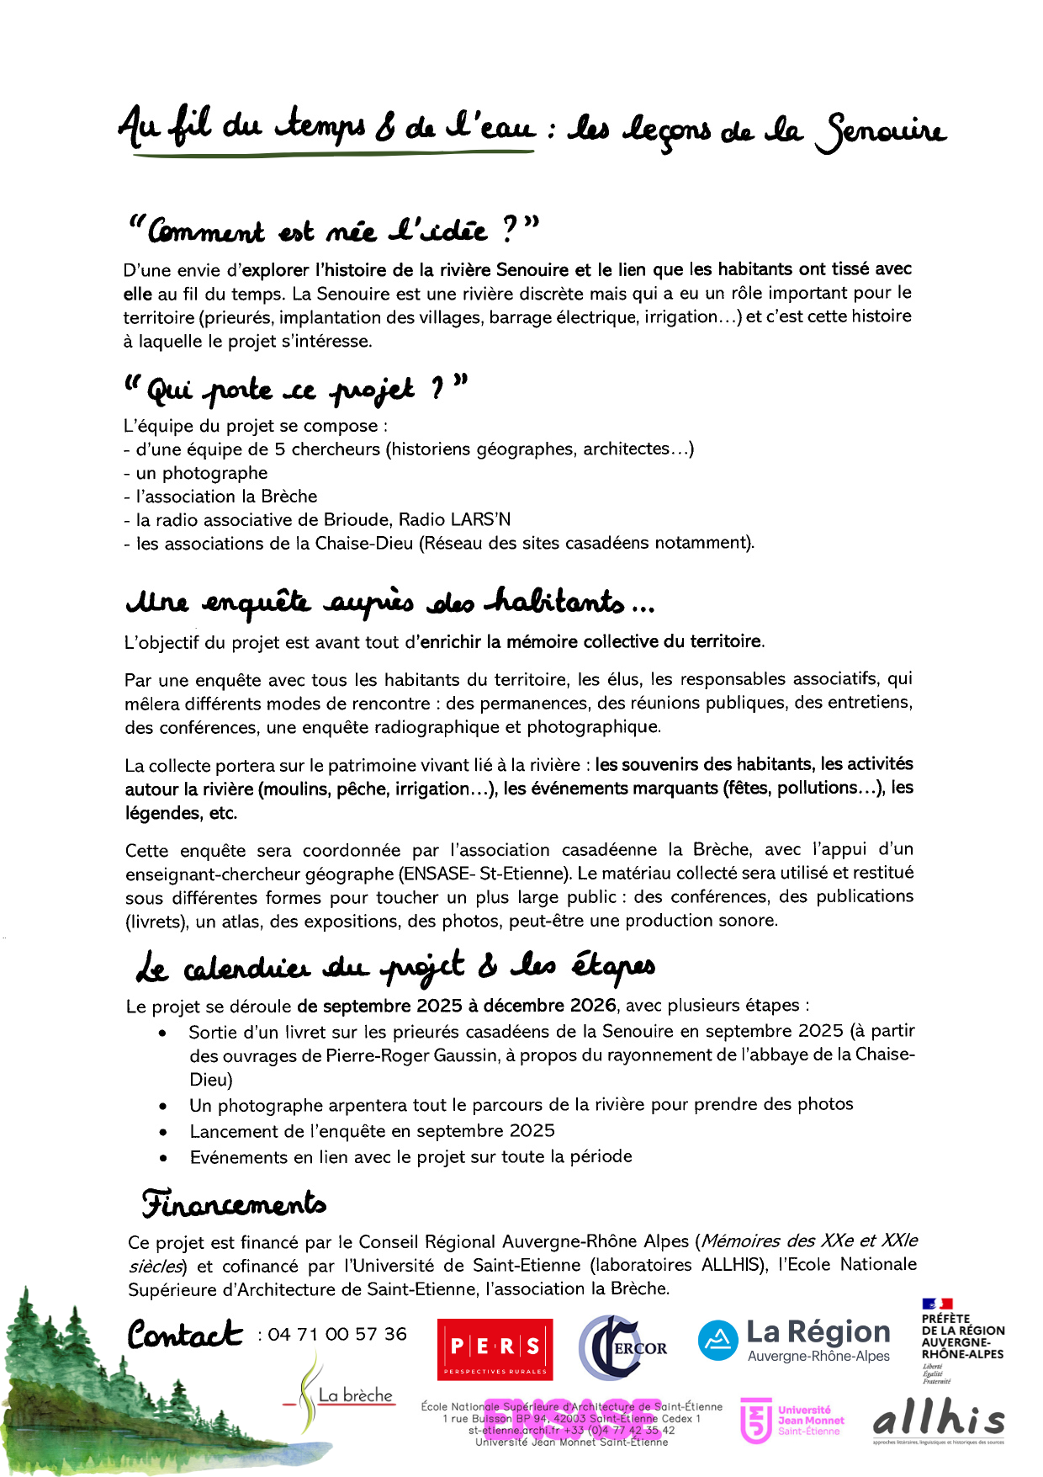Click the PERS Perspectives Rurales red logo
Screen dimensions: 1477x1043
coord(495,1348)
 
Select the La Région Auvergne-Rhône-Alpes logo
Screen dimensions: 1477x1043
coord(794,1340)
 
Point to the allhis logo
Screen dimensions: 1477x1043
coord(938,1421)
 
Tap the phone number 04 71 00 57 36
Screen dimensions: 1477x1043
coord(337,1334)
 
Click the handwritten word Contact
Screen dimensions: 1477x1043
coord(185,1335)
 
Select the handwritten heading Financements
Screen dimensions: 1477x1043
coord(234,1203)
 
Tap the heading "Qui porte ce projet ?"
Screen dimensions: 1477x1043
coord(294,389)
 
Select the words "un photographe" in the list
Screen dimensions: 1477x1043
coord(202,473)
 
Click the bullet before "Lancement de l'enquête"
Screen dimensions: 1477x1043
coord(163,1133)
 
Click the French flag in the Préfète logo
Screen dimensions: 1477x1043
coord(936,1304)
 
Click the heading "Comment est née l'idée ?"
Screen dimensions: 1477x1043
coord(332,229)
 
